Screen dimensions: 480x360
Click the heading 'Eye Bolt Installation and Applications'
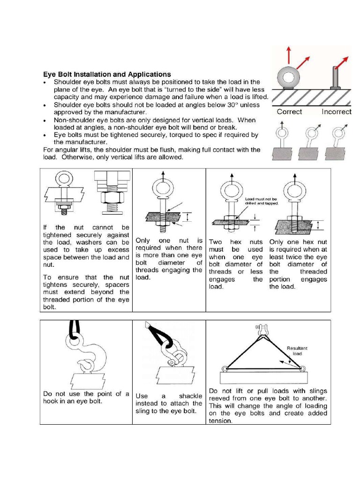point(107,74)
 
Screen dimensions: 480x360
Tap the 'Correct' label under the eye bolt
point(289,112)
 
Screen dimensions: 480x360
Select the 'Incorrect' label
point(336,112)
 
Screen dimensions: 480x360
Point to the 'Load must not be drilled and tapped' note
point(262,201)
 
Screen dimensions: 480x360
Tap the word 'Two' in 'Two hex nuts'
point(216,242)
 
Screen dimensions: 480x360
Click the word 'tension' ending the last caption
point(220,421)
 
